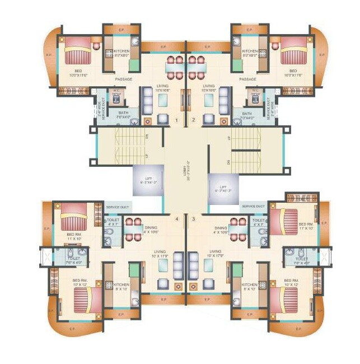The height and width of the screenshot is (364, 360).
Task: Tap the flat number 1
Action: [x=176, y=120]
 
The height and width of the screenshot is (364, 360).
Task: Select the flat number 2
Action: [x=194, y=120]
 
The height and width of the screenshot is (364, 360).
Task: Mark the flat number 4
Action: [x=176, y=219]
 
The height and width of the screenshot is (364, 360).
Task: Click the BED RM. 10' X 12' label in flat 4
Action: [x=80, y=282]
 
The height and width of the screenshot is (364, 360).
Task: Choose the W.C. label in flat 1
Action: [x=116, y=92]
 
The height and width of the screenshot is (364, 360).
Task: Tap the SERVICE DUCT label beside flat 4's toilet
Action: [x=118, y=207]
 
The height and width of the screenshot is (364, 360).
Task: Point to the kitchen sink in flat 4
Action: [x=134, y=301]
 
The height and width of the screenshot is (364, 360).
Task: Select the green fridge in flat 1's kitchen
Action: [x=133, y=65]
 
